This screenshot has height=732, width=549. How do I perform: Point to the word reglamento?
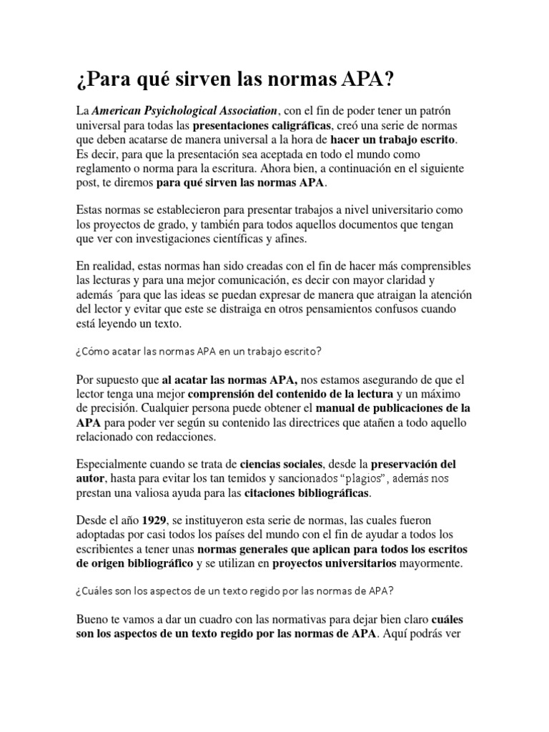pyautogui.click(x=107, y=169)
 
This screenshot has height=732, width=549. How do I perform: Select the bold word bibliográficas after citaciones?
pyautogui.click(x=328, y=493)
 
